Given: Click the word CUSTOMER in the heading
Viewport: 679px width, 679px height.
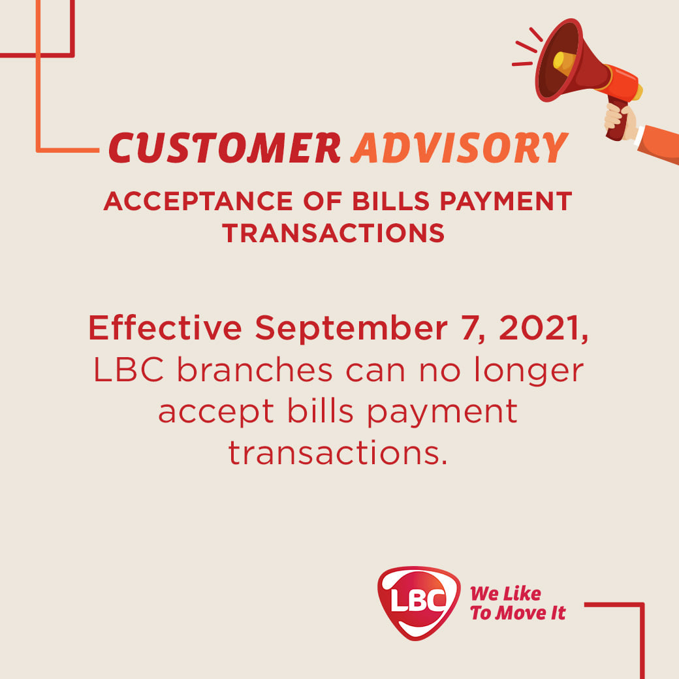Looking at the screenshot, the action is [225, 148].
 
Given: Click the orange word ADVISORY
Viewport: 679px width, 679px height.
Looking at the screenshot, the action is [460, 148].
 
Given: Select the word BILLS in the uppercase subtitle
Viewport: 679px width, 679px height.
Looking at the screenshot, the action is [390, 201].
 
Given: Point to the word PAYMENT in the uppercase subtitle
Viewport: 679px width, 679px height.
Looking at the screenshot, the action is [506, 201].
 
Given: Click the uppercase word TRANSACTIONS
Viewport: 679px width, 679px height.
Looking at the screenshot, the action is [334, 233].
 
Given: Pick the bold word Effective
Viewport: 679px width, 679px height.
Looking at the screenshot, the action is [165, 328].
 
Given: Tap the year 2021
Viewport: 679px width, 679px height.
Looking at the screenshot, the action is [541, 328].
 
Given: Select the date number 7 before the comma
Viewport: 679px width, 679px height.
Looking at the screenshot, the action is [470, 328].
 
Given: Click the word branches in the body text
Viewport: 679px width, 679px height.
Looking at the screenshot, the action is [255, 370].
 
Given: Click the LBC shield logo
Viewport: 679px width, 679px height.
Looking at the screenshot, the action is [418, 603].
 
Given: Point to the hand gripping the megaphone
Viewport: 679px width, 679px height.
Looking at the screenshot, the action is [620, 121].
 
